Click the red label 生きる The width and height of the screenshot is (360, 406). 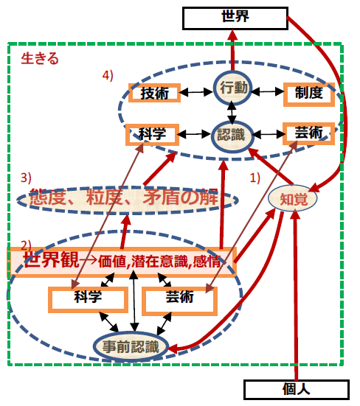coord(40,58)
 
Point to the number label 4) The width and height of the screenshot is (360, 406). coord(108,76)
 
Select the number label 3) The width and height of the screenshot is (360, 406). coord(26,178)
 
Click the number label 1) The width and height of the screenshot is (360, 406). coord(255,178)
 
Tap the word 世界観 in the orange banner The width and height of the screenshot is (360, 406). coord(52,259)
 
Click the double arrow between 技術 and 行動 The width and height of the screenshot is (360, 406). coord(197,92)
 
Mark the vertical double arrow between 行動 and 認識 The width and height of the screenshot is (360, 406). coord(232,113)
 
